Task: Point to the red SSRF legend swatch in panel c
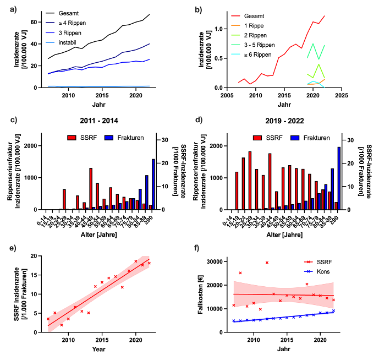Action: tap(73, 138)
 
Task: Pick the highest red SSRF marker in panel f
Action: tap(267, 263)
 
